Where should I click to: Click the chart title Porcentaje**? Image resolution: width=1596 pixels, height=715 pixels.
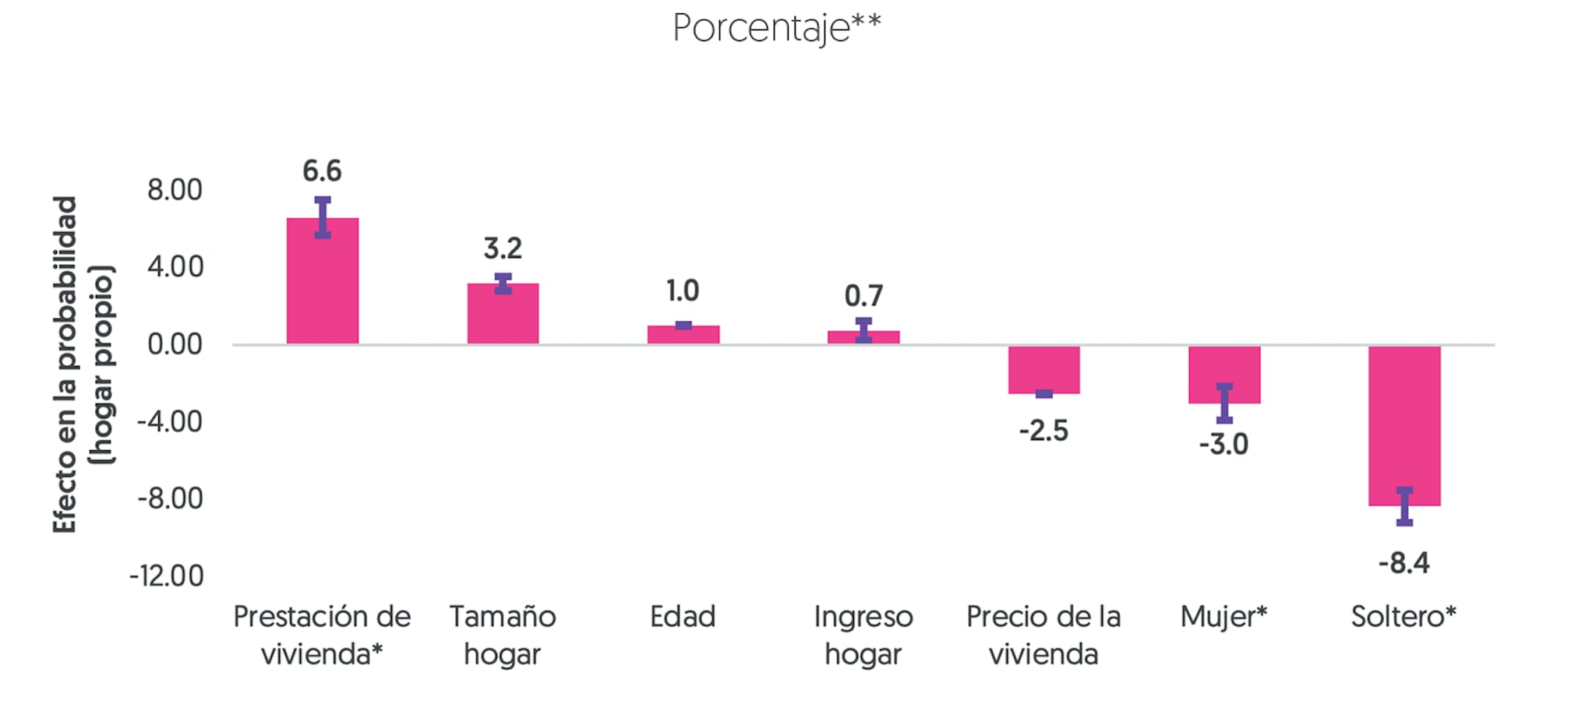tap(776, 28)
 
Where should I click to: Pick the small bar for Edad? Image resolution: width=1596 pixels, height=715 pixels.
tap(683, 336)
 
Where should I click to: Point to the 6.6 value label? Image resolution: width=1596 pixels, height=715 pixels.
tap(322, 171)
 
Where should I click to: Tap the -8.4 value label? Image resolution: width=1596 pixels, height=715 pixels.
tap(1404, 562)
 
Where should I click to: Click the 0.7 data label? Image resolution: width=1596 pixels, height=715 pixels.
tap(863, 296)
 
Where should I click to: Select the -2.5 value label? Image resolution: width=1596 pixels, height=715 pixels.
tap(1043, 431)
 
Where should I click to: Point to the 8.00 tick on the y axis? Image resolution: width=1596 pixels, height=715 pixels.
tap(175, 190)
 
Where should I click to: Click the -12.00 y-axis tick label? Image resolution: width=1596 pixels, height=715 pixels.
tap(167, 576)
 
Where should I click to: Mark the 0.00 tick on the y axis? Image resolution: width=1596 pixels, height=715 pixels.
tap(175, 344)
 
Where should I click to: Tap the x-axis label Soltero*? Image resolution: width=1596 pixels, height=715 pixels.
tap(1404, 617)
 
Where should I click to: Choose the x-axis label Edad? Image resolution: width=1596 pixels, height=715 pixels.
tap(683, 617)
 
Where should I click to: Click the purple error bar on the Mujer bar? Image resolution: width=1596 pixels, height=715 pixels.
tap(1224, 403)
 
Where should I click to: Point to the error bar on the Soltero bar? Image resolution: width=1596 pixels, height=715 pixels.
tap(1404, 506)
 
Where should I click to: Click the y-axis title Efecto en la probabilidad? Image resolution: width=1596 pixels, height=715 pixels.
tap(65, 365)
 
